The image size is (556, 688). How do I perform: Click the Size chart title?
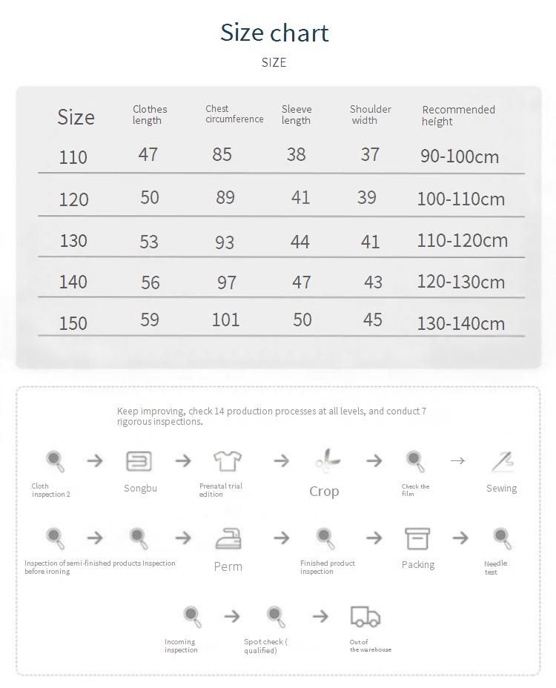pos(274,33)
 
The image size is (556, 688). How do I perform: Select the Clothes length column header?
pos(150,114)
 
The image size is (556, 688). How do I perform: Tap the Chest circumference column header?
pos(234,113)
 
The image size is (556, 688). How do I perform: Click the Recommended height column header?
pos(458,115)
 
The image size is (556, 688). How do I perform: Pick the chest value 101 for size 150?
pos(225,320)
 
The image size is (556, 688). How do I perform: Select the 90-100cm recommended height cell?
pos(460,156)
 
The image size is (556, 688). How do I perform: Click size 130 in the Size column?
pos(73,241)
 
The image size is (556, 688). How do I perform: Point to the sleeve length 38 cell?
pos(296,154)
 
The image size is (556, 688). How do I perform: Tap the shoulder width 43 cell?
pos(373,282)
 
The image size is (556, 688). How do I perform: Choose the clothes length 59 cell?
pos(150,320)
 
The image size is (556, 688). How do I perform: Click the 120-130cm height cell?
pos(460,282)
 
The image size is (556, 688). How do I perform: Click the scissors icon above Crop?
pos(327,461)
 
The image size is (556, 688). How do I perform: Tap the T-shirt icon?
pos(228,461)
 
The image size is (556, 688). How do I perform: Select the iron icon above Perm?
pos(228,538)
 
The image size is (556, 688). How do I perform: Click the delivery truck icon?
pos(365,616)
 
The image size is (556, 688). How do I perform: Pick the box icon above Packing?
pos(417,538)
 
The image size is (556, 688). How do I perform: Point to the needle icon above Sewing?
pos(503,461)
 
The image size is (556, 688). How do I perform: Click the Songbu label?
pos(140,489)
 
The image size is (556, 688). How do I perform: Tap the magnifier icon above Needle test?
pos(502,537)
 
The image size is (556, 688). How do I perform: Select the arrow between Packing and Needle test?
pos(460,538)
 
